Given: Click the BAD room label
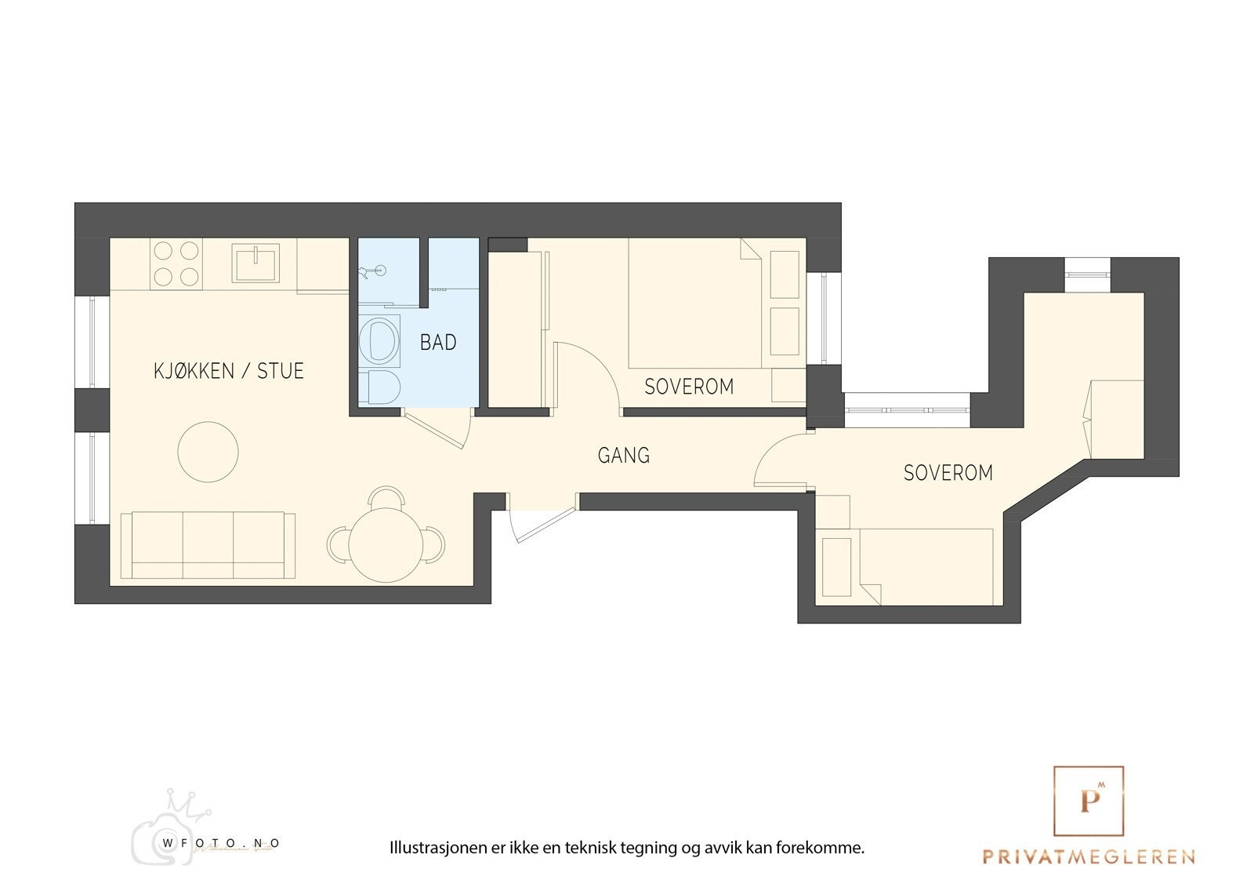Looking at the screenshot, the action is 438,342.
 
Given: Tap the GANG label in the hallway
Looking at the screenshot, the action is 624,455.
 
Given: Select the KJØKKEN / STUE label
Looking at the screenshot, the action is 228,371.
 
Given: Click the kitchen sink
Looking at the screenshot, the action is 256,264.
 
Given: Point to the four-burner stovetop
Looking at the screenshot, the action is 176,264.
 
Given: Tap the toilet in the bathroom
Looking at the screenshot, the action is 379,387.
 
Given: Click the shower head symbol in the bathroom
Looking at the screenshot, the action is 373,272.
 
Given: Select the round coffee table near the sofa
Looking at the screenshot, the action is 208,452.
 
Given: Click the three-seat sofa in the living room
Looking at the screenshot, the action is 208,544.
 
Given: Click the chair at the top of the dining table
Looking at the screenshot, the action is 386,496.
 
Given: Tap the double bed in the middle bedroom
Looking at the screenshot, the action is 694,304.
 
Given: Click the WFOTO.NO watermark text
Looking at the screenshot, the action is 221,843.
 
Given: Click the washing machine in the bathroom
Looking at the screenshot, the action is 379,340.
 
